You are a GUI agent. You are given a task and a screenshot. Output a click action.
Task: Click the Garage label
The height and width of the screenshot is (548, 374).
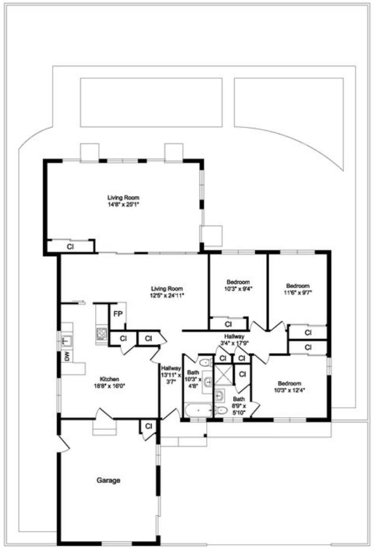pos(108,479)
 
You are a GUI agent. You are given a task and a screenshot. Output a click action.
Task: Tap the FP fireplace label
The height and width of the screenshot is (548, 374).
pos(117,314)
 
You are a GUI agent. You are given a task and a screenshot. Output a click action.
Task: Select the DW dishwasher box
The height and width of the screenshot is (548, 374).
pos(67,357)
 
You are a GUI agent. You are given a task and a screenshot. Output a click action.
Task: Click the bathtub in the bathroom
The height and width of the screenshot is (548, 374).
pos(197,410)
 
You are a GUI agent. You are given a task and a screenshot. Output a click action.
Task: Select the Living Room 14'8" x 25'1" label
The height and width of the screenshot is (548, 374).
pos(123,201)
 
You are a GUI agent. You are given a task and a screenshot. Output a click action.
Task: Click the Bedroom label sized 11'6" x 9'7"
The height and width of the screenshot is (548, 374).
pos(297,289)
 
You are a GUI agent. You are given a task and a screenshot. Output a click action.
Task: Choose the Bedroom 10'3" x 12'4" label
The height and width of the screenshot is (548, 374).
pos(289,387)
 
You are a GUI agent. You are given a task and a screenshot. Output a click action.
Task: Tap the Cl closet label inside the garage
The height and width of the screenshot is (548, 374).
pos(148,426)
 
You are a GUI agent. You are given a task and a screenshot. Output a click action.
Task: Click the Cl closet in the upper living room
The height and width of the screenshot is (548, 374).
pos(70,247)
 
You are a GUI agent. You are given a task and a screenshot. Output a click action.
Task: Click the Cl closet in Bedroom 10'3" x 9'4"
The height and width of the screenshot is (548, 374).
pos(228,323)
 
